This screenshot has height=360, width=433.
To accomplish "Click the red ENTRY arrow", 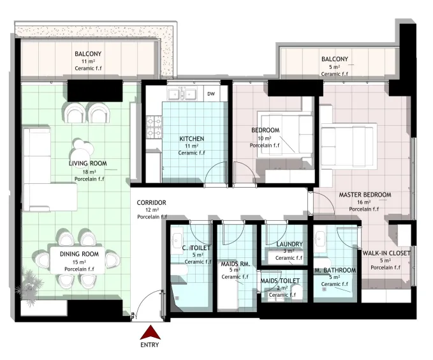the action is click(x=150, y=333).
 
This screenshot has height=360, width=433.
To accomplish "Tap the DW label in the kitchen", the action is click(x=211, y=94).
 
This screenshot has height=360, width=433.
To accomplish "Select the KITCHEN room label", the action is click(x=192, y=139).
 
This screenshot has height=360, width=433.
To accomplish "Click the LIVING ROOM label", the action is click(x=88, y=163).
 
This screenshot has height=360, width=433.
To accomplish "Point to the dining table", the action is click(x=78, y=260).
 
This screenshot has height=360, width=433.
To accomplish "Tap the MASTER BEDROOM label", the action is click(x=365, y=195).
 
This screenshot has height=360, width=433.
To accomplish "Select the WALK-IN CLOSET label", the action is click(x=386, y=253).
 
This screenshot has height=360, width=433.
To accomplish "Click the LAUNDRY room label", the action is click(x=290, y=244).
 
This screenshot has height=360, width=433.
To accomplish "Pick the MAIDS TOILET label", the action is click(x=280, y=281).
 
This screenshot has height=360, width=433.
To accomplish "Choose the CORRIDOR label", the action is click(x=151, y=203).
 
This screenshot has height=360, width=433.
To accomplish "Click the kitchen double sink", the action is click(x=182, y=94).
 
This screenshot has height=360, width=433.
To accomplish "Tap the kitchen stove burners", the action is click(x=154, y=127).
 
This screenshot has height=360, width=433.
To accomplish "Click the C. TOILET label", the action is click(x=196, y=248).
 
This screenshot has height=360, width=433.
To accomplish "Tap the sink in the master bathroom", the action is click(x=321, y=239).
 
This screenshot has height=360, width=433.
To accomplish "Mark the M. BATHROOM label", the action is click(x=335, y=270).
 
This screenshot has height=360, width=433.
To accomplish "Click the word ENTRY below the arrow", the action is click(x=150, y=345).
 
